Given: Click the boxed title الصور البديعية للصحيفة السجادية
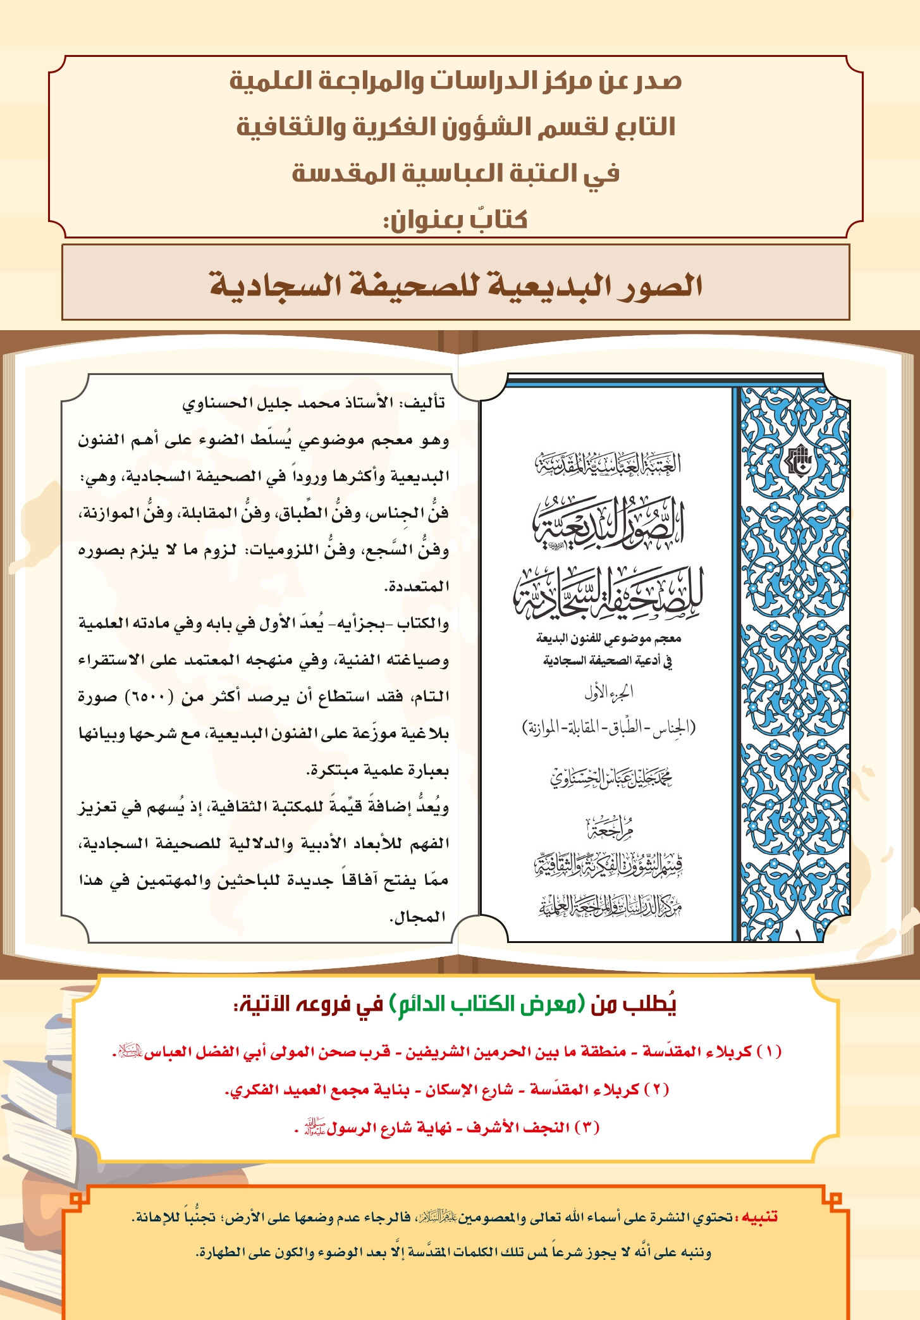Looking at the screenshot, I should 456,285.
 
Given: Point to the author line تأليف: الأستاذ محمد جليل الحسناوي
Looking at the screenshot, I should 314,403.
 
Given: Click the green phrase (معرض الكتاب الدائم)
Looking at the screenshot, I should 488,1004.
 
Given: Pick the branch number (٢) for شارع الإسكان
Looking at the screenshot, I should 656,1089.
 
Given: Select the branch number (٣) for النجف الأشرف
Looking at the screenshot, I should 587,1127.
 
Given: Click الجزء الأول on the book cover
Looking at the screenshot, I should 608,693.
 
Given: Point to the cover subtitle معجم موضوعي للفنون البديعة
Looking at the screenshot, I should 608,638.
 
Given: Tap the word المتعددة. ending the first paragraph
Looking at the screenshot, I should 417,586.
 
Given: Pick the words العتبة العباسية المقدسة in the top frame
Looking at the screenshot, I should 456,173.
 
